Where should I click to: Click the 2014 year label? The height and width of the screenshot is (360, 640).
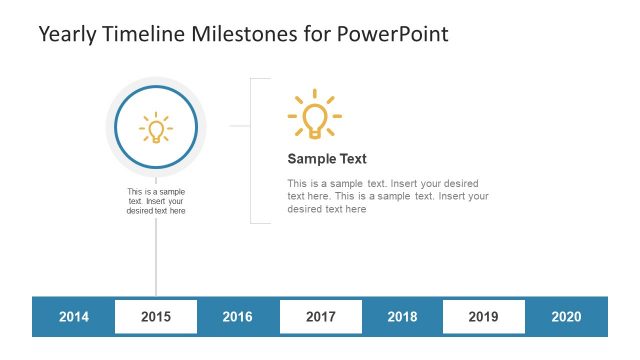pos(74,317)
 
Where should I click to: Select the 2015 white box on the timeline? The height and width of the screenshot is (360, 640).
pos(156,317)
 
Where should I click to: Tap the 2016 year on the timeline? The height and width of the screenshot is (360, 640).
pos(237,317)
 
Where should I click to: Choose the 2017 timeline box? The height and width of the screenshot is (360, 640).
pos(320,317)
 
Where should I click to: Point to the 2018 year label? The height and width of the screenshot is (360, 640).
pos(402,317)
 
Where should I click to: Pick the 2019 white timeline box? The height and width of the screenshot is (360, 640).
pos(483,317)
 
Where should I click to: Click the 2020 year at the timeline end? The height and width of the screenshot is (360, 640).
pos(566,317)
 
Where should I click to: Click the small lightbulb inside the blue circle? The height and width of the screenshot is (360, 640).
pos(156,128)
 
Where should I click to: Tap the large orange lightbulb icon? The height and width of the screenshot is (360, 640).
pos(314,115)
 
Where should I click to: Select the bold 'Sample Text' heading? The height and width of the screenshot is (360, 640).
pos(327,158)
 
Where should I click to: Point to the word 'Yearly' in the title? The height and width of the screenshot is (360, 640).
pos(66,34)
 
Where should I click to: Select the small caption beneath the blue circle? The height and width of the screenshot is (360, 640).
pos(156,201)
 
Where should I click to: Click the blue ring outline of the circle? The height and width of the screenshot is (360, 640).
pos(116,127)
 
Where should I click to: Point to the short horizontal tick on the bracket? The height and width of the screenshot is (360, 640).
pos(239,126)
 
